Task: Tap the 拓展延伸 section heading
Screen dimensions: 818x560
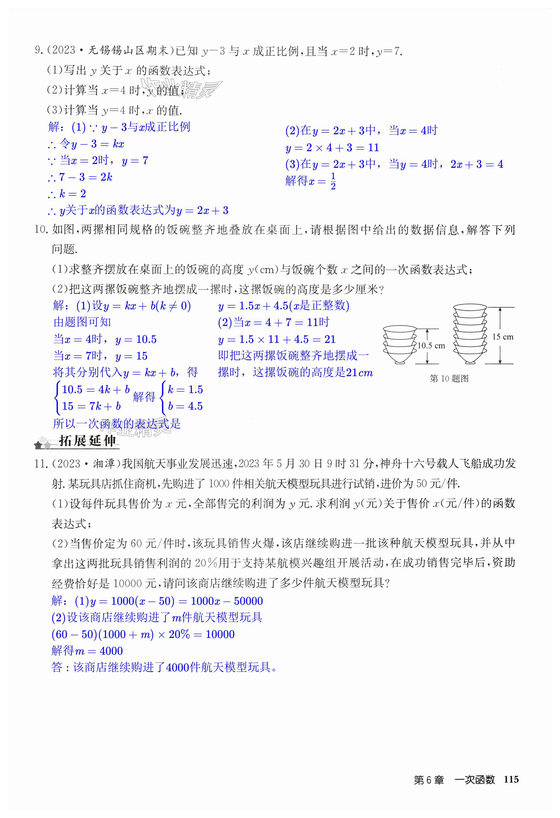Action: click(87, 441)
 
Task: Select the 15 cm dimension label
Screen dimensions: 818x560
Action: click(502, 337)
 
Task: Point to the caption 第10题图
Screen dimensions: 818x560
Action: click(449, 379)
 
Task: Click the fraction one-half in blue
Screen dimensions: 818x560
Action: click(333, 181)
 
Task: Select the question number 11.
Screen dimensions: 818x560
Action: click(41, 464)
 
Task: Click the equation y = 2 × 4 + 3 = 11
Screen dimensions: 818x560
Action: click(332, 147)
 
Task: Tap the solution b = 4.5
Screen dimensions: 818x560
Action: click(185, 406)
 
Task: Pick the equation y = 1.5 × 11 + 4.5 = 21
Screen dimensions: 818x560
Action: click(276, 339)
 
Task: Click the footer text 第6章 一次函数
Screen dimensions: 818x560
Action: click(454, 780)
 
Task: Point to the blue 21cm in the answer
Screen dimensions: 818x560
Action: click(359, 372)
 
